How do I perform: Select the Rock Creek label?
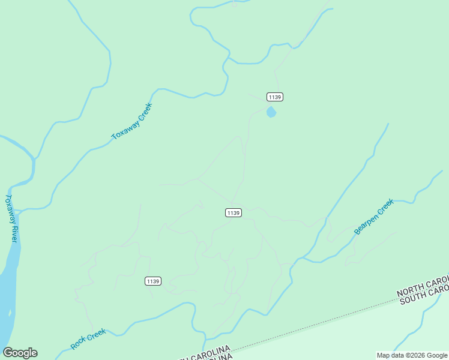(88, 339)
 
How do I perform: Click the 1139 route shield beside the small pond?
(275, 97)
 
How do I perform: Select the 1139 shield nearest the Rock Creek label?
(153, 281)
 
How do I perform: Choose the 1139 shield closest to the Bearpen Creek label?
(234, 212)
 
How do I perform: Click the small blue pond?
(271, 112)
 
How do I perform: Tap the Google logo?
(20, 353)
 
